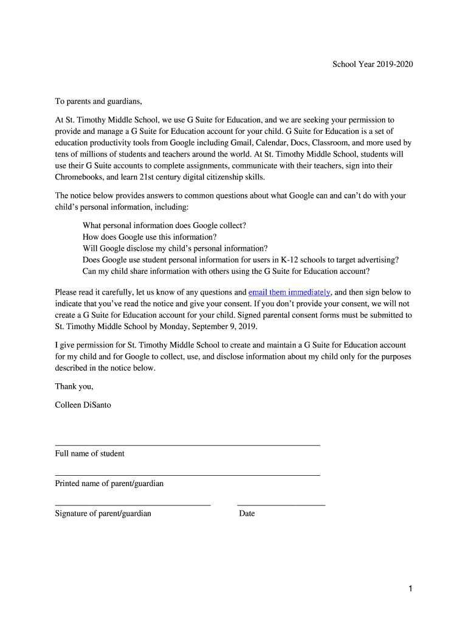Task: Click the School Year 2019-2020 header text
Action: (372, 64)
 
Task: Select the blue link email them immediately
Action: (289, 292)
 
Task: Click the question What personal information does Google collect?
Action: (164, 225)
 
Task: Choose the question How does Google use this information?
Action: (150, 237)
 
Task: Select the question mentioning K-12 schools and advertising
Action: (241, 259)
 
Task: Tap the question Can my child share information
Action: (226, 271)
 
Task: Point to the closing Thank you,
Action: (74, 386)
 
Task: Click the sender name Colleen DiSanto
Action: (83, 405)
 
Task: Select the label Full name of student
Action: (90, 453)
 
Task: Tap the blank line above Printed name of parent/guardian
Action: (187, 475)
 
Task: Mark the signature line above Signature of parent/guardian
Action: (132, 505)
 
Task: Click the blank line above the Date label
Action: (281, 505)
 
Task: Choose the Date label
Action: (247, 513)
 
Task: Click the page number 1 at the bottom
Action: (411, 588)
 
